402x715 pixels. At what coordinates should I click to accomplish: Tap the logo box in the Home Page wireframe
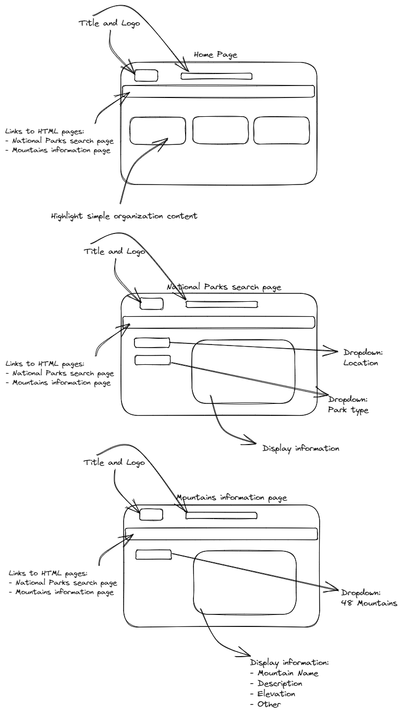coord(146,75)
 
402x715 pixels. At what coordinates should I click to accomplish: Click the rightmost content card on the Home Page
coord(282,130)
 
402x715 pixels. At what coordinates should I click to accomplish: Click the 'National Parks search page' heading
coord(224,287)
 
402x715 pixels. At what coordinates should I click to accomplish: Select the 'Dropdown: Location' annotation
coord(360,358)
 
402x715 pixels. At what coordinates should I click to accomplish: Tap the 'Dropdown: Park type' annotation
coord(348,405)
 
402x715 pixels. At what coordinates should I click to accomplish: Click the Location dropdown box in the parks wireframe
coord(152,342)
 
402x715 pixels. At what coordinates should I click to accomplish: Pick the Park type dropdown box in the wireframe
coord(153,360)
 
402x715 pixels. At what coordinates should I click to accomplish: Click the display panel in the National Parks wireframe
coord(243,372)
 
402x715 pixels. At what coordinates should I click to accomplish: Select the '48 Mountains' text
coord(370,603)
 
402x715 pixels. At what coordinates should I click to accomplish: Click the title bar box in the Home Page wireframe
coord(216,76)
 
